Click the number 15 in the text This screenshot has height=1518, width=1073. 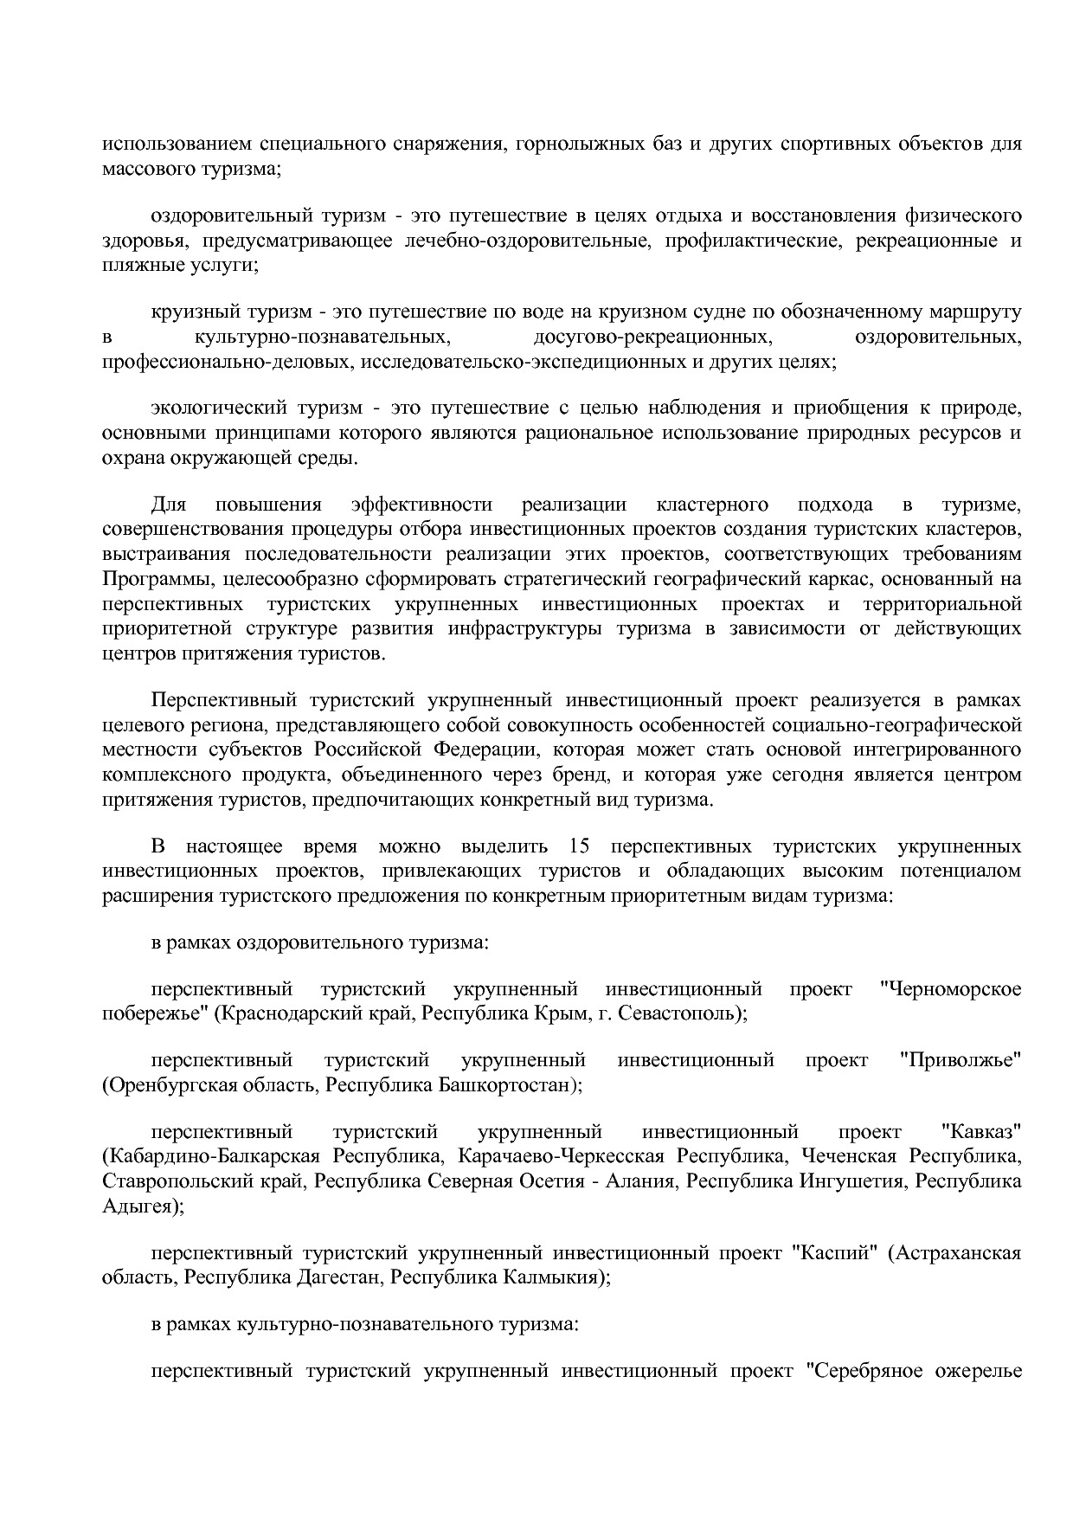[x=581, y=846]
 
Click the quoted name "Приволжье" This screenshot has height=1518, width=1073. [x=961, y=1060]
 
